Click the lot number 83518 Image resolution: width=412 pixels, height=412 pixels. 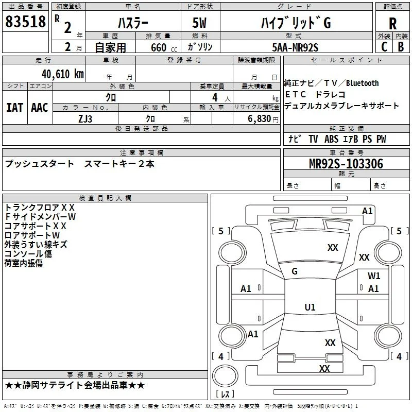25,22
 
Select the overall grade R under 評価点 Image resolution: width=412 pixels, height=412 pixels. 392,24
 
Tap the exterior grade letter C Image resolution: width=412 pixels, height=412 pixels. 384,47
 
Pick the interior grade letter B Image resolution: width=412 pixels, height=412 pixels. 401,47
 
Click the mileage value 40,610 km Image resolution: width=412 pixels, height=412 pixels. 63,74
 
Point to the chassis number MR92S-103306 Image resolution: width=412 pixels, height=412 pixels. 346,164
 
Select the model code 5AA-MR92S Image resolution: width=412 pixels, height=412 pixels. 295,47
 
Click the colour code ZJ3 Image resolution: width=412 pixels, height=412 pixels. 85,119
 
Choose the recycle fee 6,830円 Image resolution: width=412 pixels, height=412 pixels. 263,119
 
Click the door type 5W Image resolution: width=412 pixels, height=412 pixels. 199,23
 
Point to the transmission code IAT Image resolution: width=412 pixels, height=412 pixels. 15,108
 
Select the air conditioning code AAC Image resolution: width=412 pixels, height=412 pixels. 40,108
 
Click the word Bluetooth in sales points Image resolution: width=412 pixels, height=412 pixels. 363,83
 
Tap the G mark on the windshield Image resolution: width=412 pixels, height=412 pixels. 295,271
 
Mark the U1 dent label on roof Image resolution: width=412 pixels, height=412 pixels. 310,307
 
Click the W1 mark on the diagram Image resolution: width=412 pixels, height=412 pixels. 374,276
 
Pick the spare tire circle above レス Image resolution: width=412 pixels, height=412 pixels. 225,376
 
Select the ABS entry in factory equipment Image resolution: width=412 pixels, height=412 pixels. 331,139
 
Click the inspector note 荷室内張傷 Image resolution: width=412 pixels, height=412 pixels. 23,263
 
